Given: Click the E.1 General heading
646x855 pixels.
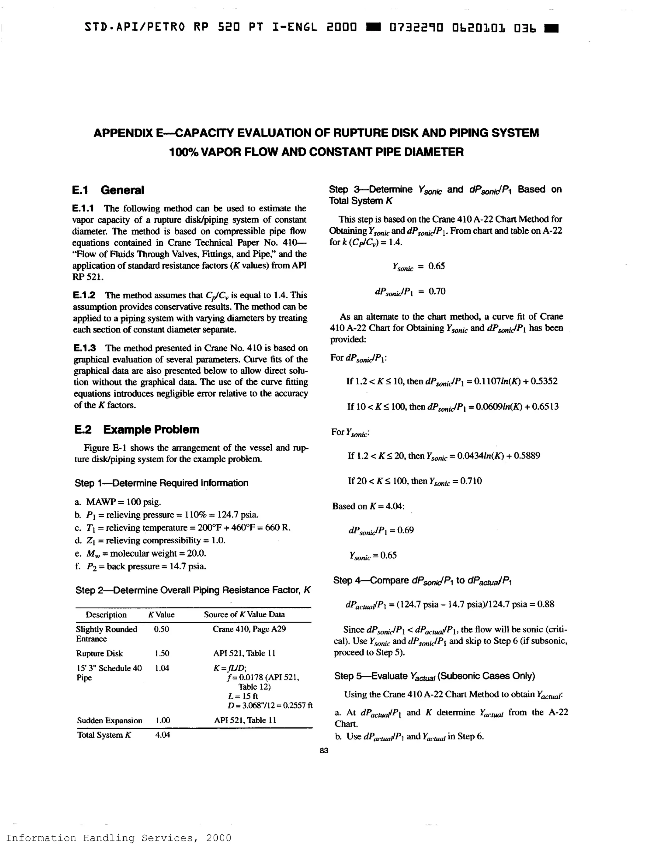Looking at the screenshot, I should (x=108, y=190).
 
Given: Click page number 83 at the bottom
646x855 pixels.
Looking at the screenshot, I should (x=324, y=750).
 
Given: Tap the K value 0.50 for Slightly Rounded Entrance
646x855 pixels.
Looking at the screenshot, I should (x=161, y=629).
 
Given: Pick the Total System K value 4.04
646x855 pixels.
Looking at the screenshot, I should (x=162, y=734).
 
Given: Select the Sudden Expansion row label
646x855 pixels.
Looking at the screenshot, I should (x=110, y=720).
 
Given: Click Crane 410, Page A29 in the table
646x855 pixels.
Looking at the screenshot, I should (x=249, y=629).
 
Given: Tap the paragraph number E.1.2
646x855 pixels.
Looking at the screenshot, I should (x=84, y=295).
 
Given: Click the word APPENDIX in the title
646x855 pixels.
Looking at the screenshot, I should (x=123, y=133).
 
